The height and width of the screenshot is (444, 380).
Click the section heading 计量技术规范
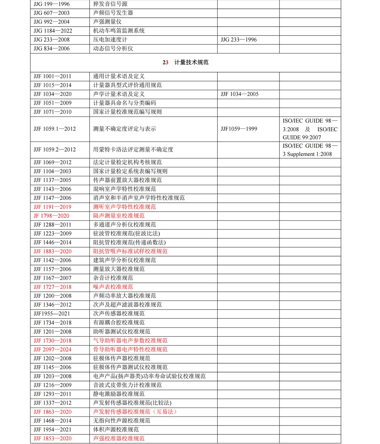click(x=191, y=62)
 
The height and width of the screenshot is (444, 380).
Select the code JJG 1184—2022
click(x=53, y=31)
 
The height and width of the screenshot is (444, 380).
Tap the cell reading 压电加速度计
click(x=110, y=40)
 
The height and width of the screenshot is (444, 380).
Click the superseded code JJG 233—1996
click(x=239, y=40)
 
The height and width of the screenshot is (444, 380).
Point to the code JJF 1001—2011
click(x=52, y=76)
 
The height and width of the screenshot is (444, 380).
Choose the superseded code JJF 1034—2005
click(x=239, y=94)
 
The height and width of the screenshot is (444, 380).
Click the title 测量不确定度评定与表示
click(x=124, y=129)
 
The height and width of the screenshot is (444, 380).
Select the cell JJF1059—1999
click(x=239, y=129)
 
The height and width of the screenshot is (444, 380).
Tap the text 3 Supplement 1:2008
click(x=307, y=154)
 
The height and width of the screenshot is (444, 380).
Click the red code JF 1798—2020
click(x=51, y=216)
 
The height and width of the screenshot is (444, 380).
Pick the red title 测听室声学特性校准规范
click(x=124, y=207)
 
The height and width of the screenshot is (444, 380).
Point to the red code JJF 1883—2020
click(x=52, y=251)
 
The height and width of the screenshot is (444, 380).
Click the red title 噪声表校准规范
click(x=113, y=287)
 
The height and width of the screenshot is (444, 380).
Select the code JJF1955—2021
click(x=52, y=314)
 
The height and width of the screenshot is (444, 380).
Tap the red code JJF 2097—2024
click(x=52, y=349)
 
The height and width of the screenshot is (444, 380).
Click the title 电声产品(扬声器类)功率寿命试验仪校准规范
click(x=149, y=376)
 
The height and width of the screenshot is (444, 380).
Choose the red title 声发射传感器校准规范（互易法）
click(x=135, y=412)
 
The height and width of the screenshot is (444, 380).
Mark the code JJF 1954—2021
click(x=52, y=430)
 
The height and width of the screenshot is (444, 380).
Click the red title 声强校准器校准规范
click(x=119, y=438)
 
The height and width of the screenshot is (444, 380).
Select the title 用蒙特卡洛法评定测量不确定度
click(x=133, y=150)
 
